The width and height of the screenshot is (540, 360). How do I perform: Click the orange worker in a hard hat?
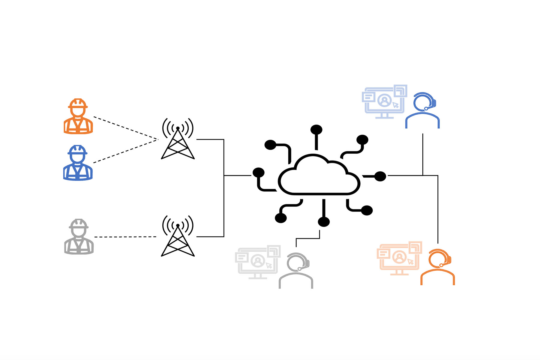(x=78, y=117)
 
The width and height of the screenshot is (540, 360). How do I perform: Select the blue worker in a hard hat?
(x=78, y=163)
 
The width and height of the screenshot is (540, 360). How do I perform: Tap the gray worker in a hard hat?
(x=79, y=237)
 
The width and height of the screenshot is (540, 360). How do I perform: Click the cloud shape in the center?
(x=319, y=177)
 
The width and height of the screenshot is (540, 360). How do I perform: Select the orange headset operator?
(x=438, y=267)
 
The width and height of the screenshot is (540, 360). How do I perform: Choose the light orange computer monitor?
(x=399, y=258)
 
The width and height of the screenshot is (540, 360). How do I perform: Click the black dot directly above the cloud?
(x=316, y=130)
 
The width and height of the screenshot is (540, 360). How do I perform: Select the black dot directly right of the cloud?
(x=380, y=176)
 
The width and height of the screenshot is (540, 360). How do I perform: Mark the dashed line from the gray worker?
(x=125, y=237)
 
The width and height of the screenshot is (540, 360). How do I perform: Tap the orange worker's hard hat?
(x=78, y=103)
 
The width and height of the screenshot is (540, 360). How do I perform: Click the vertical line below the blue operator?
(x=423, y=154)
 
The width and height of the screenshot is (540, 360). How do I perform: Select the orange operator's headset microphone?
(x=441, y=265)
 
